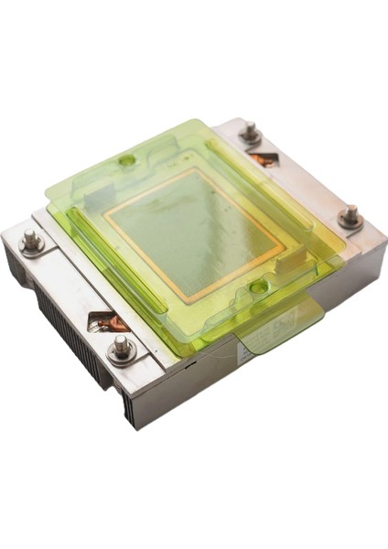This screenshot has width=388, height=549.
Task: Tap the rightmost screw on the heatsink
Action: [350, 217]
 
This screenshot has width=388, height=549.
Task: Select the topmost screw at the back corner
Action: [249, 135]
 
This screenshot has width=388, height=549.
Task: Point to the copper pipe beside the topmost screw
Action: [264, 159]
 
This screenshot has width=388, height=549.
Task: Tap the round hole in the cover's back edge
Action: [127, 161]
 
